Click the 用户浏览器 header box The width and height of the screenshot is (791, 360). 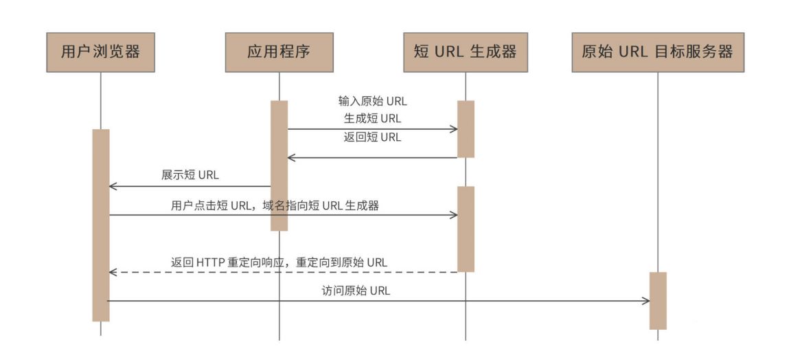[100, 52]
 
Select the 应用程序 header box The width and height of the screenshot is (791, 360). [279, 52]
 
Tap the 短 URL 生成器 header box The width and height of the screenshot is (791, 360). [466, 52]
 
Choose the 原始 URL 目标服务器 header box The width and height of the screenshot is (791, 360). [658, 52]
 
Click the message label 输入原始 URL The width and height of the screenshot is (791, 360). [373, 101]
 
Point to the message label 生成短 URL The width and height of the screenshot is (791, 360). [373, 119]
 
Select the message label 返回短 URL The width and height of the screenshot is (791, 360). [373, 137]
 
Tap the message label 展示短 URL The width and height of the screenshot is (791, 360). [190, 175]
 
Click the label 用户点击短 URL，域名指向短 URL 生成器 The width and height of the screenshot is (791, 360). [275, 205]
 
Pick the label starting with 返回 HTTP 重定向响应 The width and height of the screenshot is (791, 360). [279, 262]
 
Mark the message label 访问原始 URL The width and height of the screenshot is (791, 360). [356, 291]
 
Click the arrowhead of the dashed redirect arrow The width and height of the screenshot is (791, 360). [113, 272]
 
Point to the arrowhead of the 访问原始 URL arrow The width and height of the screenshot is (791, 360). [645, 301]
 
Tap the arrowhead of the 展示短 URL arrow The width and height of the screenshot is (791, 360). [113, 186]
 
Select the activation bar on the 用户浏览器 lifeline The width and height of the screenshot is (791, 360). [101, 225]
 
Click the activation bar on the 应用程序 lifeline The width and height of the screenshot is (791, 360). [279, 166]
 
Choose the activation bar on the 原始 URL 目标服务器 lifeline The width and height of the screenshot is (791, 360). [658, 301]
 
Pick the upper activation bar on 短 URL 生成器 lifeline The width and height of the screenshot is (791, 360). [466, 129]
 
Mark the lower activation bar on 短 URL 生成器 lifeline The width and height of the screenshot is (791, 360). [466, 229]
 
